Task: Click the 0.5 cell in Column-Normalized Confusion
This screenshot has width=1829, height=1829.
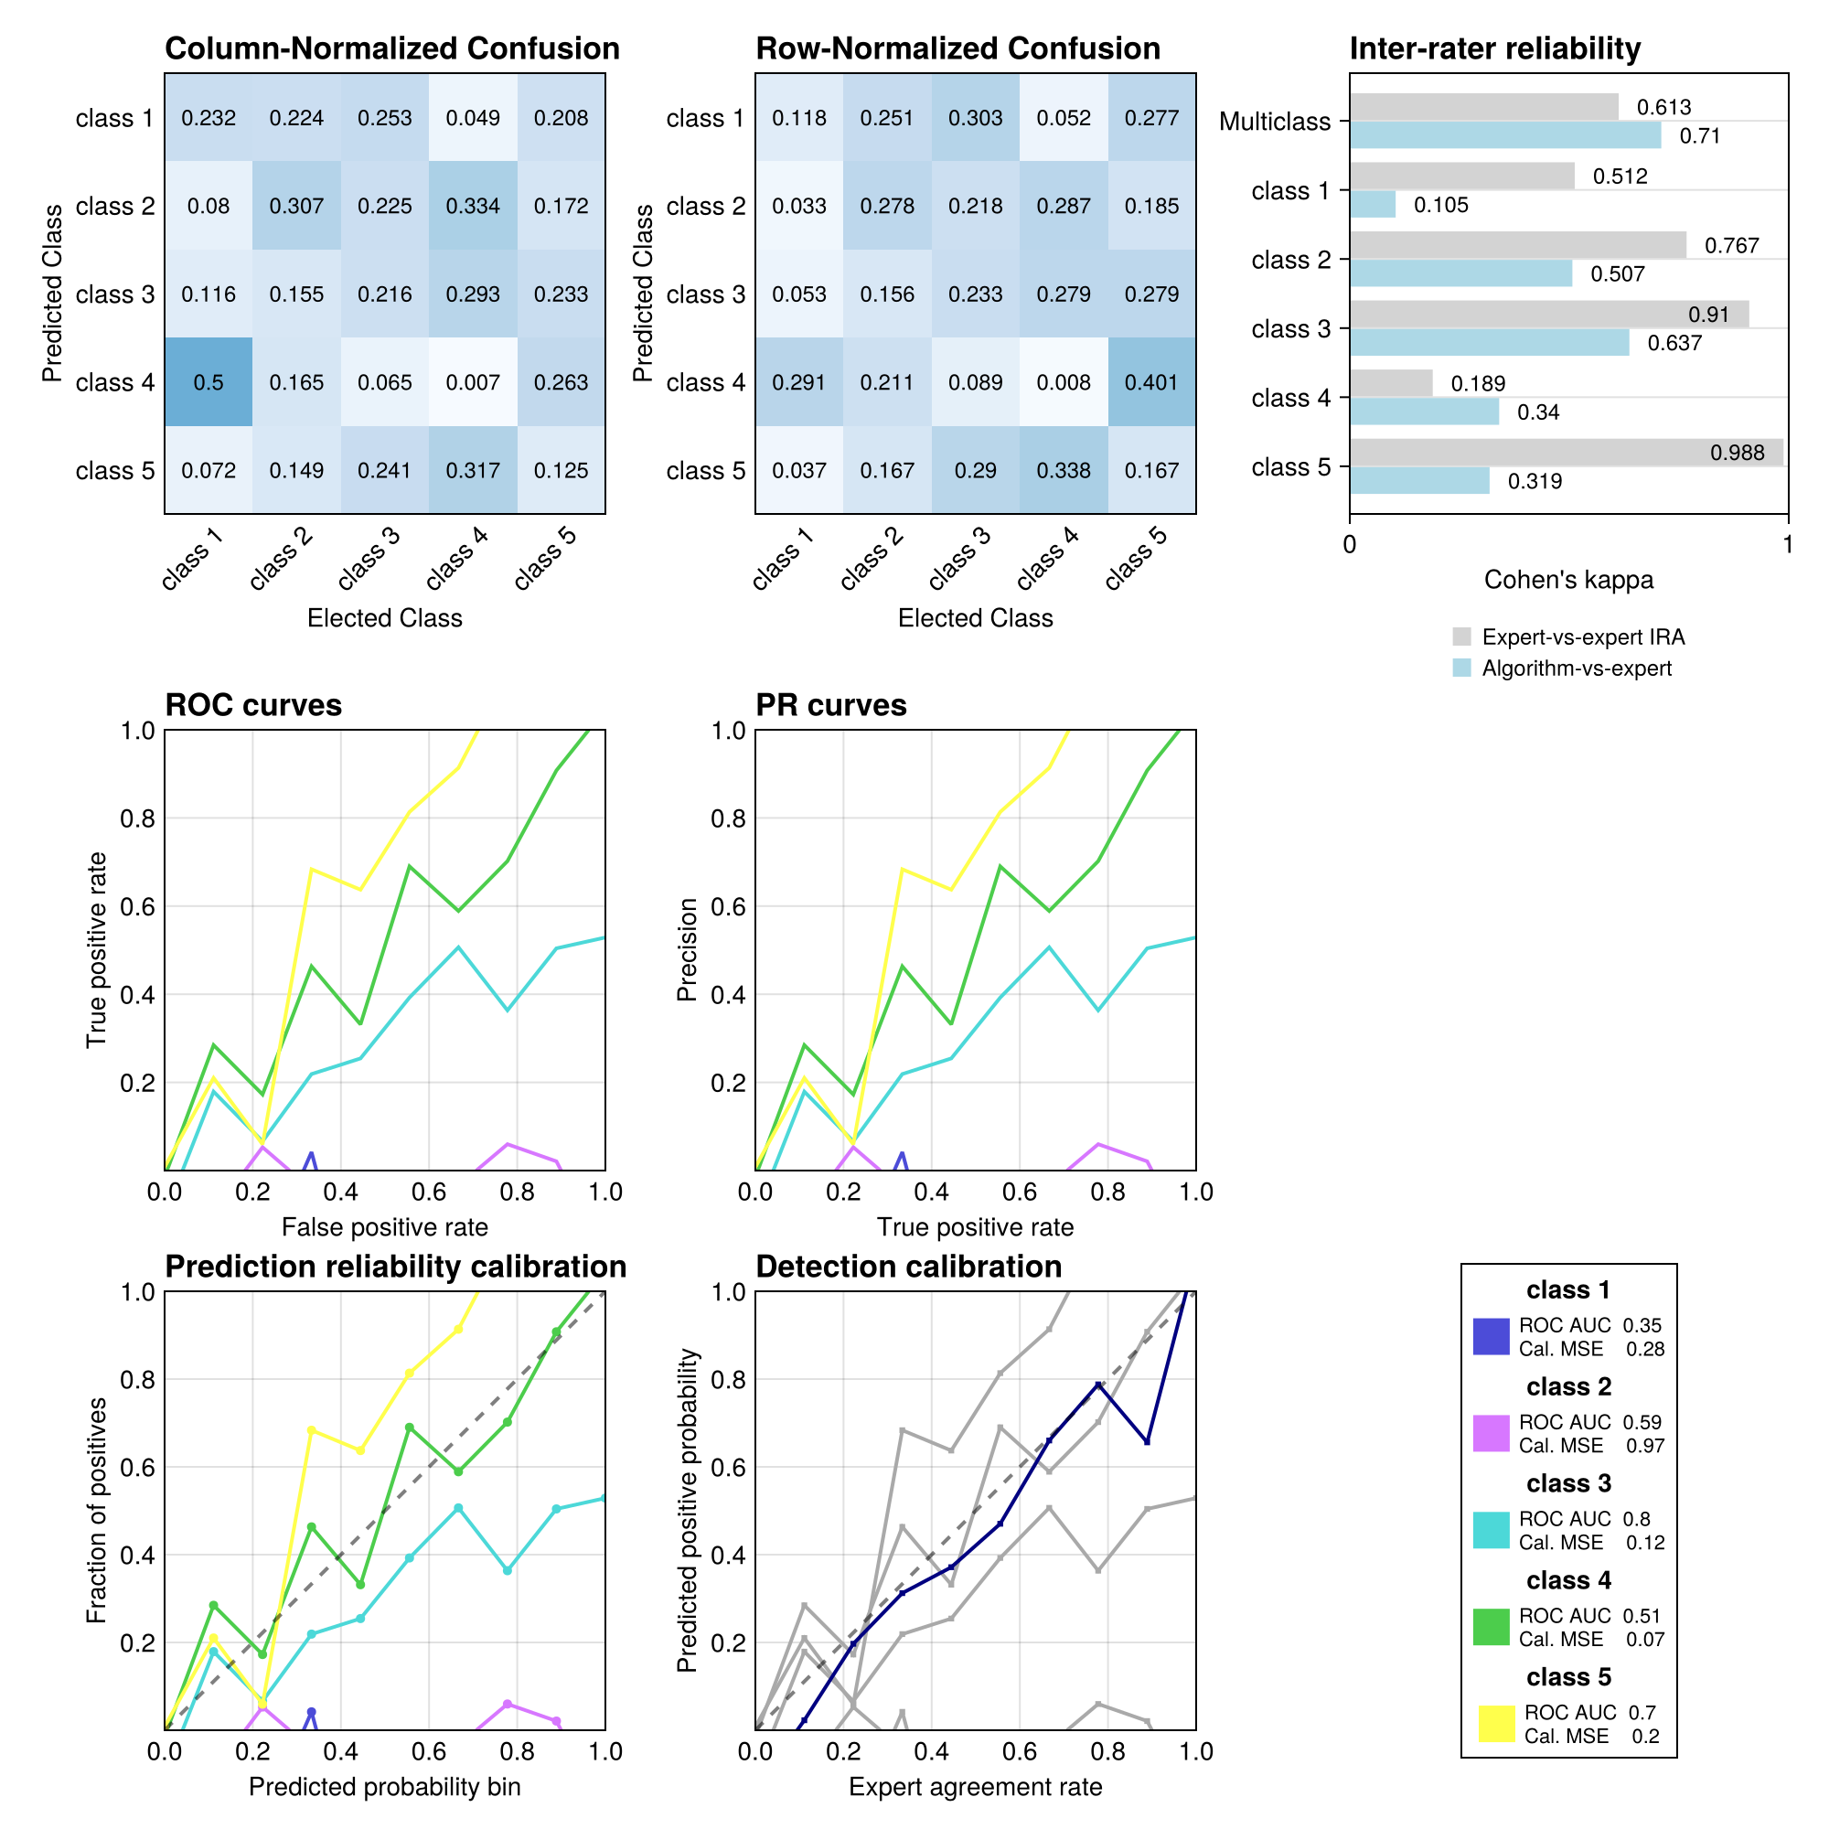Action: (x=209, y=382)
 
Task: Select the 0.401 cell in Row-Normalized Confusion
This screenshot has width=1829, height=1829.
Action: (x=1151, y=382)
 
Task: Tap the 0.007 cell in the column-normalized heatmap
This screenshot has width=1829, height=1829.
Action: (x=473, y=382)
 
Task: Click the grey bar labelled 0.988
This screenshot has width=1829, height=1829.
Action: (x=1566, y=453)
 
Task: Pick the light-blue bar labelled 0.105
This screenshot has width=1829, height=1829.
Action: (x=1372, y=205)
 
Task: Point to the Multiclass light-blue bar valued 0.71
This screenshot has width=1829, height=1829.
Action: (x=1504, y=135)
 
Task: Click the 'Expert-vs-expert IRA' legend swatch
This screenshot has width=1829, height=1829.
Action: (x=1461, y=637)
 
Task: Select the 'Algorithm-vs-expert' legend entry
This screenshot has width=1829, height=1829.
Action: (x=1577, y=668)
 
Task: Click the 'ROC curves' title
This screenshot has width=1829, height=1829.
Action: (x=252, y=705)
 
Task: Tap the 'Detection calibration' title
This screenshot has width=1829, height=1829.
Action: (x=908, y=1267)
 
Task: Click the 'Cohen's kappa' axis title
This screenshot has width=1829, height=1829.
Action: (x=1567, y=580)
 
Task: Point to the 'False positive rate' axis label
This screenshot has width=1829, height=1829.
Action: (x=384, y=1227)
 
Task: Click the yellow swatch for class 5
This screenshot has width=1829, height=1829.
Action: (x=1497, y=1724)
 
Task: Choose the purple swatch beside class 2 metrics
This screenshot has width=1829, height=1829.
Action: (x=1491, y=1433)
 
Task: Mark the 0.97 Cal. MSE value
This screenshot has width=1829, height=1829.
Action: (x=1644, y=1446)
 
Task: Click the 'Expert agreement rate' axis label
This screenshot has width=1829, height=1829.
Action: (x=975, y=1786)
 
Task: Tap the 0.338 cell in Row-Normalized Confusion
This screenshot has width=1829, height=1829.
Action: (x=1064, y=470)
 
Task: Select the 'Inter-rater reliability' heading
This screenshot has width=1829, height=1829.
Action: (x=1495, y=48)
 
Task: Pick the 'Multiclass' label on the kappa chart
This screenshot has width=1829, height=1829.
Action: (x=1274, y=123)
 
